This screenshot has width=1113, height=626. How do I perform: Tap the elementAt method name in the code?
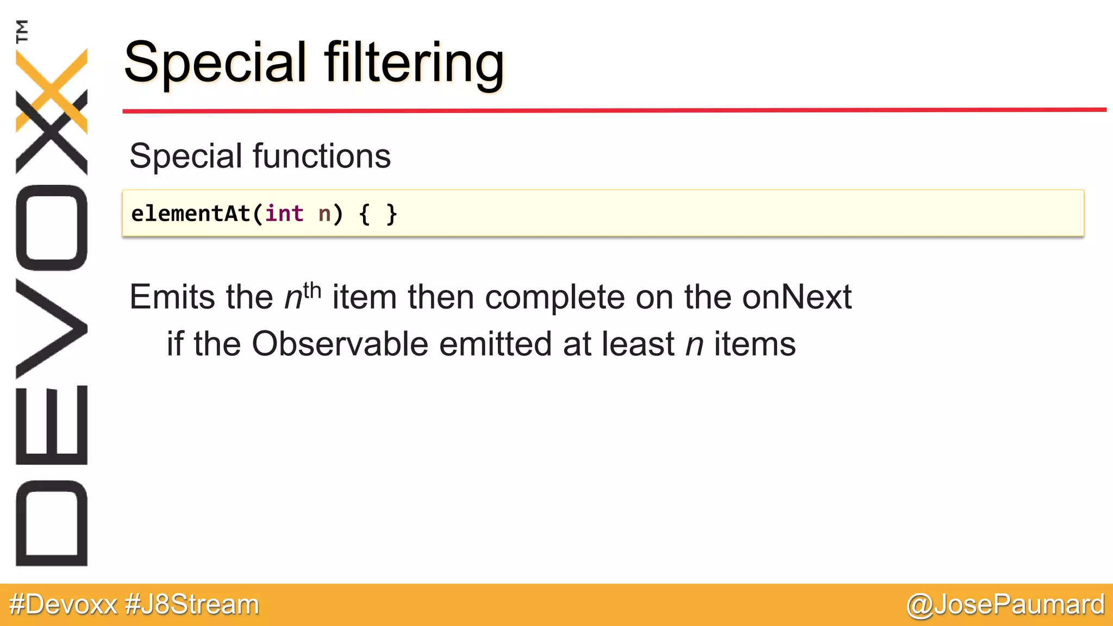tap(190, 214)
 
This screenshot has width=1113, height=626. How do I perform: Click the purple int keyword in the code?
tap(284, 214)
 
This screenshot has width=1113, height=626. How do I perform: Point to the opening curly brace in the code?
tap(365, 214)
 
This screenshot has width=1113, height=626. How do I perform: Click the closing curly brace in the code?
tap(391, 214)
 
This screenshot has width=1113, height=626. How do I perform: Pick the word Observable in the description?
tap(340, 344)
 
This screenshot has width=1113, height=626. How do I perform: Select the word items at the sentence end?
tap(755, 345)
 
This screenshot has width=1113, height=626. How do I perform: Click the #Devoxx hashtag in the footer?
tap(63, 605)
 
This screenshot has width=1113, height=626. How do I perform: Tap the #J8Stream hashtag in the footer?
tap(192, 605)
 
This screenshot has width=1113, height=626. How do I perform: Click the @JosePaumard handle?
tap(1005, 605)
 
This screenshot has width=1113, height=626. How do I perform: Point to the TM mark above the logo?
tap(22, 31)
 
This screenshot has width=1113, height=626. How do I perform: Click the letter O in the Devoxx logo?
tap(52, 228)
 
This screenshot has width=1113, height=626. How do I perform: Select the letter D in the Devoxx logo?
tap(52, 523)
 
